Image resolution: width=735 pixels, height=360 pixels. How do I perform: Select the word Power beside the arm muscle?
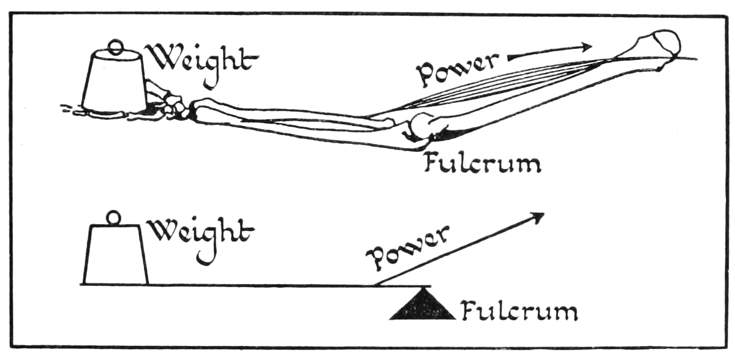[457, 70]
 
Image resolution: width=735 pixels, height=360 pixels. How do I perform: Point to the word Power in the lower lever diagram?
[407, 248]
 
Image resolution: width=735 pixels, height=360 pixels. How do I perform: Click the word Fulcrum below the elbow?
[483, 163]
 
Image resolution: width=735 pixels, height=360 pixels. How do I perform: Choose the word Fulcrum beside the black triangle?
[520, 310]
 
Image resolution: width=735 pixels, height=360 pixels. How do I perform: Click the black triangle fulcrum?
[423, 306]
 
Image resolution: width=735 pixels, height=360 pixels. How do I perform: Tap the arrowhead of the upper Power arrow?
[586, 47]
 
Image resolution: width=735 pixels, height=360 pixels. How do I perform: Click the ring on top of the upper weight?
[116, 47]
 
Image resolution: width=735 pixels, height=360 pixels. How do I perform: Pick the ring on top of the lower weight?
[114, 218]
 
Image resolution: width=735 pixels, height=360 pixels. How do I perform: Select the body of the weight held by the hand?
[113, 81]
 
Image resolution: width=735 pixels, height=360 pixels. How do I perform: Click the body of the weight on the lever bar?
[116, 253]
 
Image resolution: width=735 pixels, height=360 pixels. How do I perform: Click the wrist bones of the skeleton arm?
[176, 105]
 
